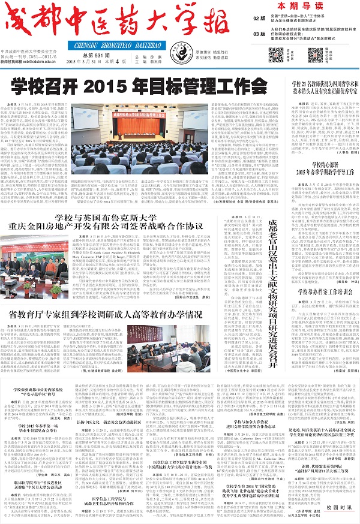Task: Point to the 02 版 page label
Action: (259, 19)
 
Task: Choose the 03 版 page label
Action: (259, 34)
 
